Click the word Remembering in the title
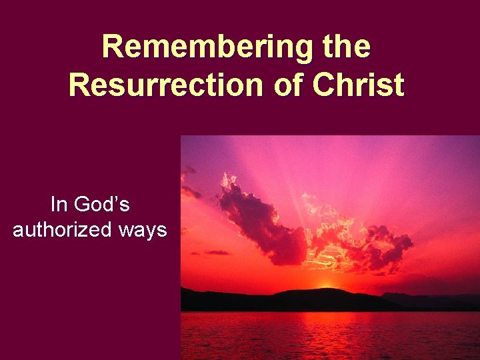(204, 48)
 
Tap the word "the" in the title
(344, 48)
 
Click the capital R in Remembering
(113, 48)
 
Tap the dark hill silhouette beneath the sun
(320, 299)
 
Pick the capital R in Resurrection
(79, 85)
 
